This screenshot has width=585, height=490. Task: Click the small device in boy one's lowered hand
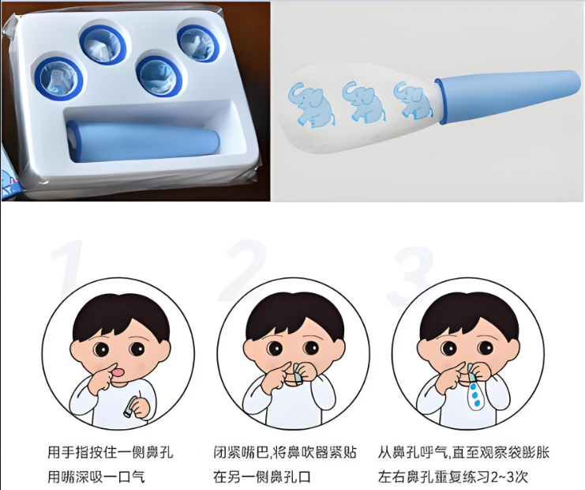(129, 409)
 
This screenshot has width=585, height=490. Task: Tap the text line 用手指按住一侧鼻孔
(110, 453)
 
